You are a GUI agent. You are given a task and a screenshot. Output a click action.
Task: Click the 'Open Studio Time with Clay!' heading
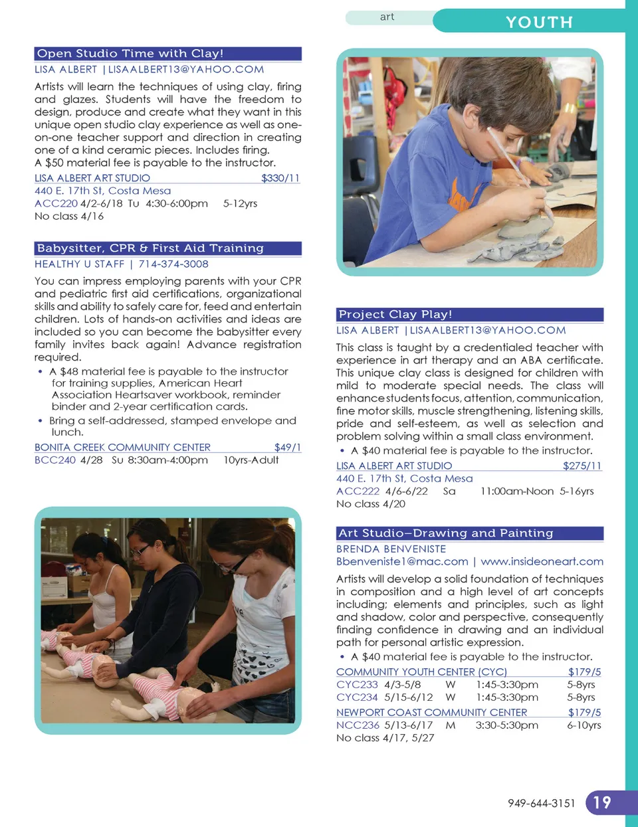(130, 54)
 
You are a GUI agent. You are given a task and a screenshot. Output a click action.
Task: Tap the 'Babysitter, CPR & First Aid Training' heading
(150, 248)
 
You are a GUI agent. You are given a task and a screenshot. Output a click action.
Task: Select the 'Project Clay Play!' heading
(395, 315)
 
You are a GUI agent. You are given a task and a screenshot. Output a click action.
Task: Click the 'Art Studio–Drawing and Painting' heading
(445, 533)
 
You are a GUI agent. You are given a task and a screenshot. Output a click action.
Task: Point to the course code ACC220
(56, 204)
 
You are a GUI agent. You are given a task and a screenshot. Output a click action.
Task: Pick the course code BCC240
(54, 460)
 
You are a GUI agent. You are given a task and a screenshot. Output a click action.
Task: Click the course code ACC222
(358, 492)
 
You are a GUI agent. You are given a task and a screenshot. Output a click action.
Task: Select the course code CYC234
(357, 697)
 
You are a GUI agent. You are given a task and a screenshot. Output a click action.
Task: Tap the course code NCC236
(358, 725)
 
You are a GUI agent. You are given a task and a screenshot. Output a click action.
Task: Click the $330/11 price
(280, 178)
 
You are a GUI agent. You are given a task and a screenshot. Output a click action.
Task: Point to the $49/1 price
(287, 448)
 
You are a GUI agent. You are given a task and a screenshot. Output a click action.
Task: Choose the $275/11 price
(582, 466)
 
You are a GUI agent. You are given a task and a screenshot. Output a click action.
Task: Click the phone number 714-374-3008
(173, 264)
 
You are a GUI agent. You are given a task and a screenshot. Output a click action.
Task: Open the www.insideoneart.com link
(542, 562)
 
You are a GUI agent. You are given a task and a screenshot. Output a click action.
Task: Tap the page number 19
(602, 802)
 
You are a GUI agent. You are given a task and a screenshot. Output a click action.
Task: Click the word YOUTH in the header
(539, 23)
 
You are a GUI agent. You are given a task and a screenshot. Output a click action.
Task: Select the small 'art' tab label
(387, 17)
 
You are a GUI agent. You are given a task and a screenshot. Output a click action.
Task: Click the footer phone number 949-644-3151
(542, 803)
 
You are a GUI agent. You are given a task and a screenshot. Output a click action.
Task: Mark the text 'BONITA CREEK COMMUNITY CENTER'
(122, 448)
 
